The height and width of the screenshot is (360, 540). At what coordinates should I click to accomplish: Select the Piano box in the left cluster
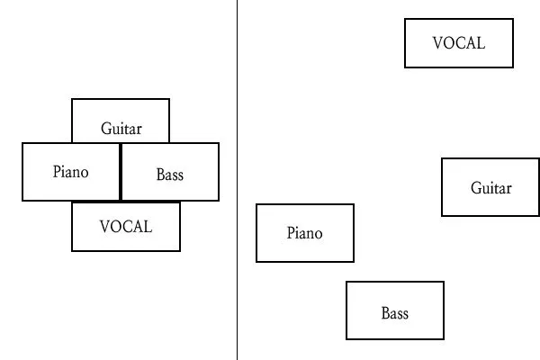tap(71, 171)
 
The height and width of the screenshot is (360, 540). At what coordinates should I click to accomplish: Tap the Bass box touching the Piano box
tap(170, 171)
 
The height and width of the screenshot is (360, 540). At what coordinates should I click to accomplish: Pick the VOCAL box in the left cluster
tap(126, 227)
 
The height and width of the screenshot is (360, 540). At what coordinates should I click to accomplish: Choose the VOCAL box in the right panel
tap(459, 42)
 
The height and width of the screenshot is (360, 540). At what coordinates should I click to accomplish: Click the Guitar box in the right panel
tap(490, 187)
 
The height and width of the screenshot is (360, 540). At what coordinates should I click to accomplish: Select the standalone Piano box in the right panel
tap(305, 233)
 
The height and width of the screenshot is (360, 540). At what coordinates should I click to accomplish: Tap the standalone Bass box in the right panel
tap(395, 310)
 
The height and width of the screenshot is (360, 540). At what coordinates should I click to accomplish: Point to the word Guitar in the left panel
tap(121, 129)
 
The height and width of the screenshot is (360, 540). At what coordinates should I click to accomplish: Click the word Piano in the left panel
tap(71, 171)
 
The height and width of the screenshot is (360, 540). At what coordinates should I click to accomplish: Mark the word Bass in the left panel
tap(170, 175)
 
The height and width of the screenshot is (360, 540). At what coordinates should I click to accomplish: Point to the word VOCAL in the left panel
tap(126, 227)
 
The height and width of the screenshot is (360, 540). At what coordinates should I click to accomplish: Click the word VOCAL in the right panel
tap(459, 42)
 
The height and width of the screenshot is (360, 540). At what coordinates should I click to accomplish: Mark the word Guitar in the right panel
tap(491, 188)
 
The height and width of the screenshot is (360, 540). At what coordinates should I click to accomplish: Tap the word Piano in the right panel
tap(305, 233)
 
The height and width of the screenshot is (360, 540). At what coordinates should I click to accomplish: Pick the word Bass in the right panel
tap(395, 313)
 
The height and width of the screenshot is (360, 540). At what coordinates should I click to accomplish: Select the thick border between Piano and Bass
tap(121, 171)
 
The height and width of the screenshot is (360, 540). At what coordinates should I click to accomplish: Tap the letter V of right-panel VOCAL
tap(438, 42)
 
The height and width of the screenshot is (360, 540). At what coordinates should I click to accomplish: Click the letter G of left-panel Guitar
tap(105, 129)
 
